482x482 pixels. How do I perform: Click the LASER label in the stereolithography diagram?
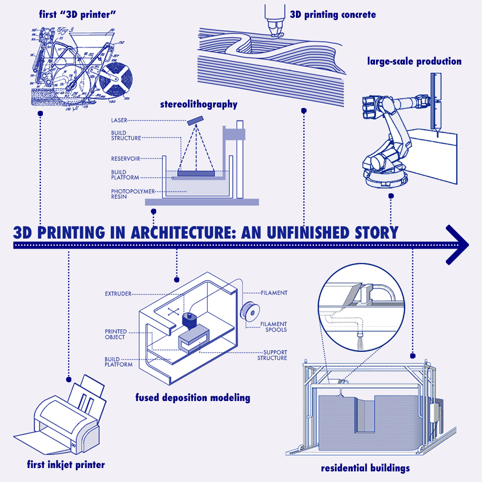pyautogui.click(x=119, y=120)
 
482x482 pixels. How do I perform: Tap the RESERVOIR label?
pyautogui.click(x=126, y=158)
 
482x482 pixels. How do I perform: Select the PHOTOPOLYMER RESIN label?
pyautogui.click(x=126, y=194)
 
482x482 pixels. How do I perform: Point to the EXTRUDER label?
pyautogui.click(x=118, y=294)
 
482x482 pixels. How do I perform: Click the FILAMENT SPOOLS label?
pyautogui.click(x=274, y=327)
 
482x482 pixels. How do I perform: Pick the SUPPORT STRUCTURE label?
pyautogui.click(x=272, y=355)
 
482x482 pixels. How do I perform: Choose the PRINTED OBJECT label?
pyautogui.click(x=116, y=335)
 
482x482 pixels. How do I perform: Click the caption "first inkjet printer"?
pyautogui.click(x=66, y=465)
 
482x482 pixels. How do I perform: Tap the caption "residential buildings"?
pyautogui.click(x=365, y=468)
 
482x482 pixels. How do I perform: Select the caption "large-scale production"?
pyautogui.click(x=414, y=61)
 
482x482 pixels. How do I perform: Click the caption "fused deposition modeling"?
pyautogui.click(x=193, y=398)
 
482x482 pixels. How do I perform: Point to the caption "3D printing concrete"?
pyautogui.click(x=333, y=14)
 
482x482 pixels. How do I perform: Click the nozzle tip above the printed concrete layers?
pyautogui.click(x=276, y=34)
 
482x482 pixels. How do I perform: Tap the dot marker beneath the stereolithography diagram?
pyautogui.click(x=153, y=211)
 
